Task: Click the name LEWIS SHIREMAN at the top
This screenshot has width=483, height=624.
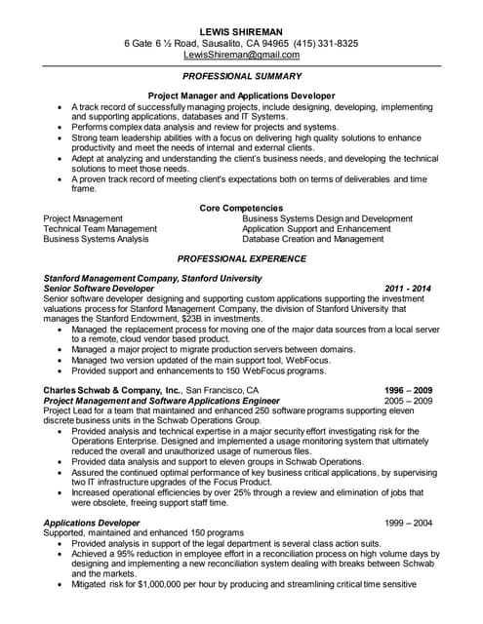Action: [240, 30]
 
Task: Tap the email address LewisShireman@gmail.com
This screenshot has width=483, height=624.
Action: [240, 56]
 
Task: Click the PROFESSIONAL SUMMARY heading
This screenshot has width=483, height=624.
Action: [240, 75]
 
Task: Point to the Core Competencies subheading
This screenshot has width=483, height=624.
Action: [240, 208]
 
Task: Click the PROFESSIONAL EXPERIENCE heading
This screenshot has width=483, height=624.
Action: [240, 258]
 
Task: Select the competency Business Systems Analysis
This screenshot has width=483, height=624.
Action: [97, 239]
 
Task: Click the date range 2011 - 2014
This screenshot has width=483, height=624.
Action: [408, 290]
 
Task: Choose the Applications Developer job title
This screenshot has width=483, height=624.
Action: [92, 523]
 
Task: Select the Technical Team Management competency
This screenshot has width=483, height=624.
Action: [100, 228]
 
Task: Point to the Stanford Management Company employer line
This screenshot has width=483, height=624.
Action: [152, 279]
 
